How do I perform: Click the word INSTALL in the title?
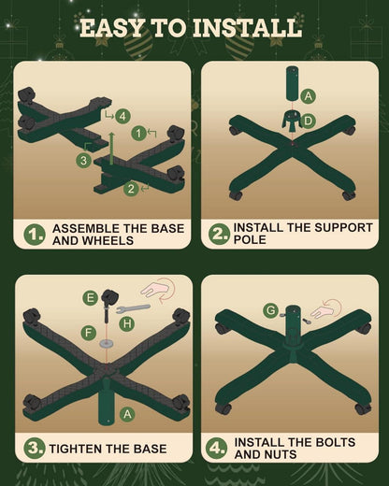[247, 28]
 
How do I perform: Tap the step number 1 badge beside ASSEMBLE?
[34, 235]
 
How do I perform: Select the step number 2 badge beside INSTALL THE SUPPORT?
[219, 234]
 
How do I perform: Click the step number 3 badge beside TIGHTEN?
[34, 449]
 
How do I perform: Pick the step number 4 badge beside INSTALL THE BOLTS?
[217, 448]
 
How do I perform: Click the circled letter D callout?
[308, 121]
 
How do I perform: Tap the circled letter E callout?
[90, 298]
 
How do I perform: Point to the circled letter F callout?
[89, 333]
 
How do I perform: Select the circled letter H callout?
[127, 324]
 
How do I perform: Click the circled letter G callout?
[270, 310]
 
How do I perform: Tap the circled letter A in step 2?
[308, 96]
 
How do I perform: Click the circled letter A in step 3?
[127, 414]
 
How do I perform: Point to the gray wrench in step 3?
[133, 308]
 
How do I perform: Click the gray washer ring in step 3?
[106, 344]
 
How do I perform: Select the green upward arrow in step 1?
[111, 148]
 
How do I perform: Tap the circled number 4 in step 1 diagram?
[122, 116]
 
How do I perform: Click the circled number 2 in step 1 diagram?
[131, 189]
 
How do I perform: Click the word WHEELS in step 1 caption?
[108, 240]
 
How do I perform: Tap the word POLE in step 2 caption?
[250, 239]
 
